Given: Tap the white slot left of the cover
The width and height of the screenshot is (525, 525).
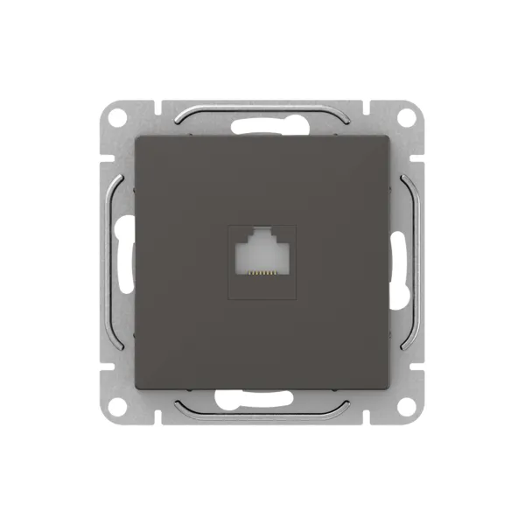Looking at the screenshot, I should point(123,261).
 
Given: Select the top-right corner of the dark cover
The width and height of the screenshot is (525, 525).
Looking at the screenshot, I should point(387,138).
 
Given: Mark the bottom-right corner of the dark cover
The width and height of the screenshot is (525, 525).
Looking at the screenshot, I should point(387,385).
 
